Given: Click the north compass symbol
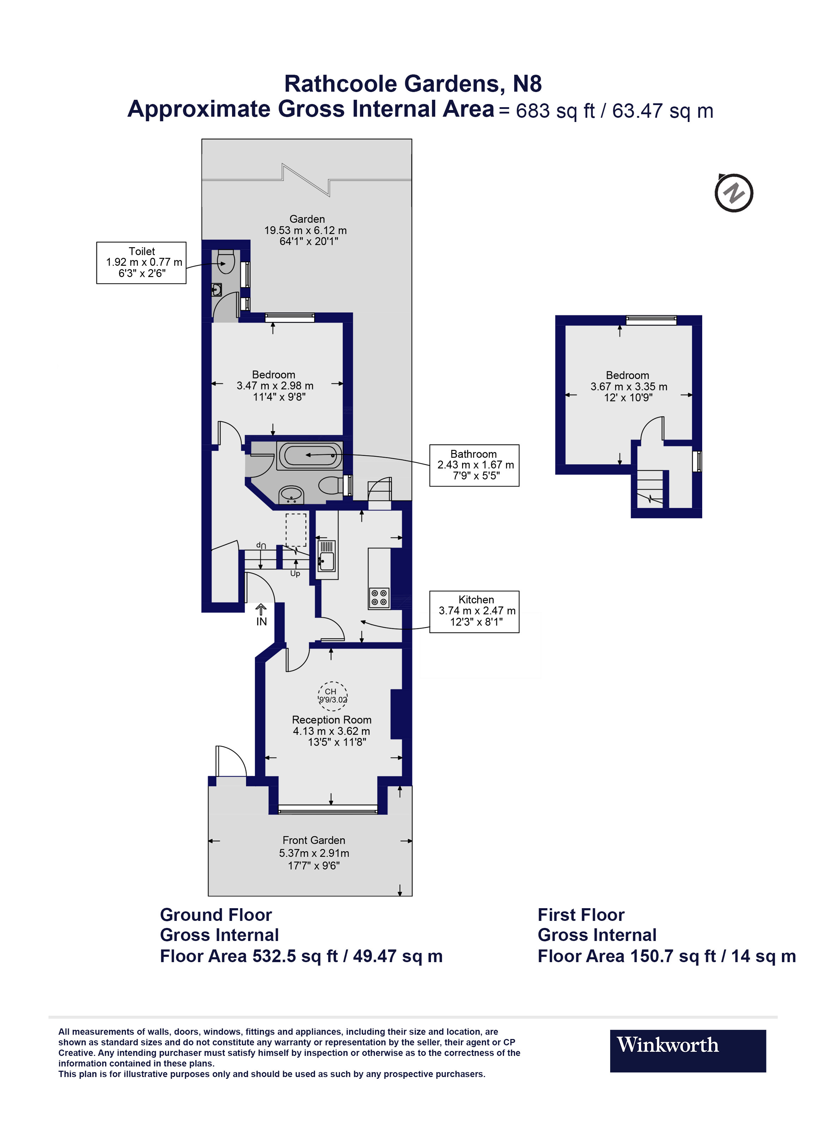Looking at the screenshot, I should click(734, 193).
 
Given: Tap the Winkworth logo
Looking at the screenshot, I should click(687, 1051).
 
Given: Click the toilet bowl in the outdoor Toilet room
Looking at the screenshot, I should click(226, 261).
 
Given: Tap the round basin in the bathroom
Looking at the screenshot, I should click(291, 495).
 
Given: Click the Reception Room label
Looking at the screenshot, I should click(332, 720).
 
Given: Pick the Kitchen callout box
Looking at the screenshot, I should click(474, 612).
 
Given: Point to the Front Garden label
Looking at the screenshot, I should click(314, 840).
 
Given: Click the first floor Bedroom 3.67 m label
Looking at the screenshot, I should click(628, 386).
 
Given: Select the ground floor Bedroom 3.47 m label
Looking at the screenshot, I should click(274, 385).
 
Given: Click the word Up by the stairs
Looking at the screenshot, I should click(295, 574).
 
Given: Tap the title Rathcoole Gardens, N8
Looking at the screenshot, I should click(413, 84).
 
